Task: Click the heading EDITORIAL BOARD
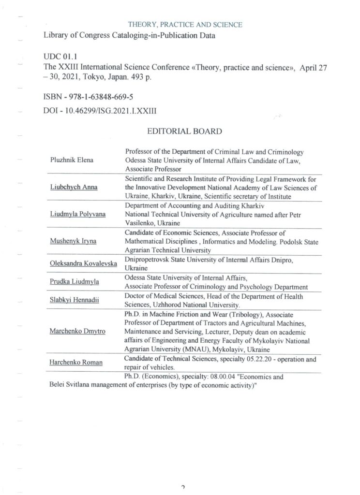[x=184, y=131]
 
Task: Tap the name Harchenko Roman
[x=76, y=363]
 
